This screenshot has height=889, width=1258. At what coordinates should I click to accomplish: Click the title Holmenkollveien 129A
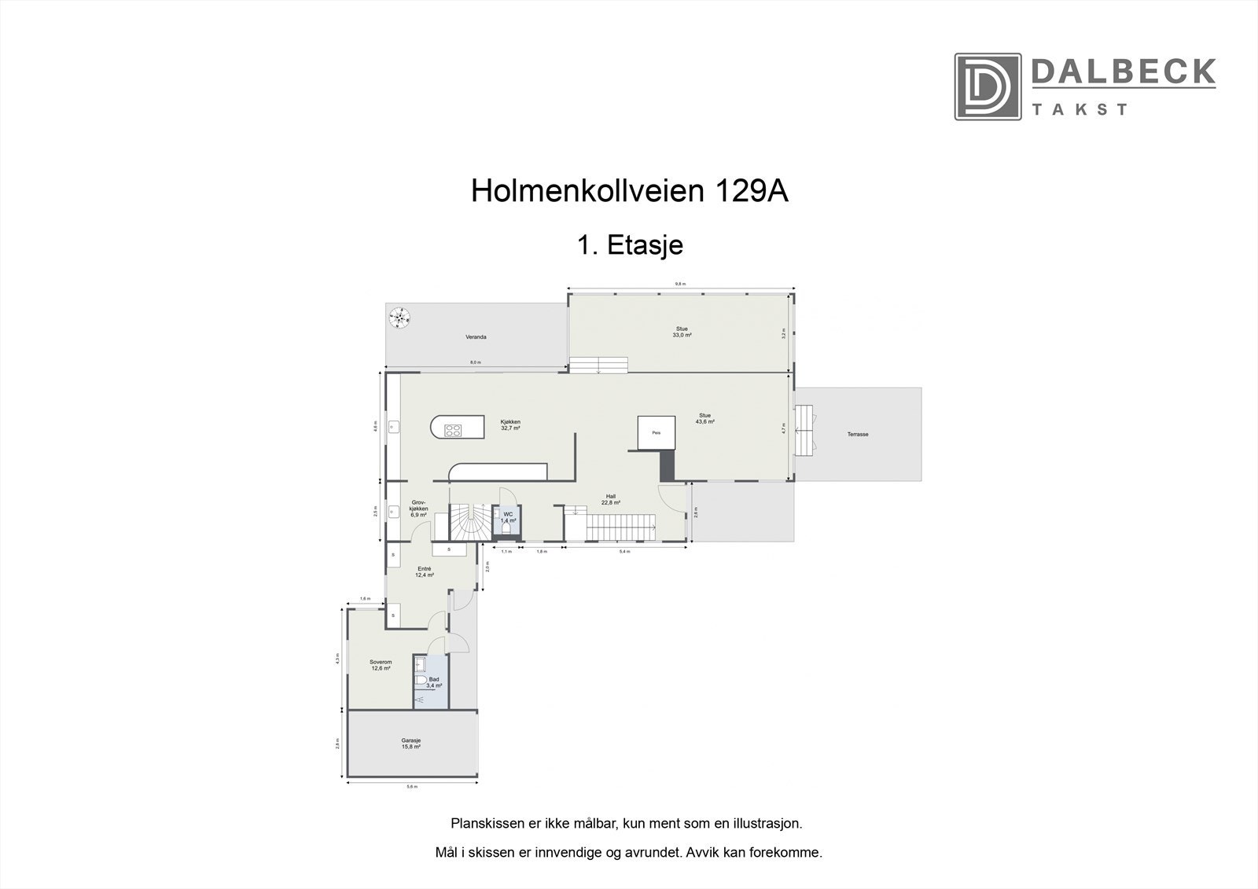[629, 192]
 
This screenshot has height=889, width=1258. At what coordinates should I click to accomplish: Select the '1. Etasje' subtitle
[630, 245]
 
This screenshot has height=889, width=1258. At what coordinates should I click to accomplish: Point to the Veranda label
[476, 337]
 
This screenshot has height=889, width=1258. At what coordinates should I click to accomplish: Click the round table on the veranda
[400, 318]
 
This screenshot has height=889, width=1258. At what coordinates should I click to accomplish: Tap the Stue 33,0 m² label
[682, 332]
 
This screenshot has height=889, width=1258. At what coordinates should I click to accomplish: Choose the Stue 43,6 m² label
[704, 418]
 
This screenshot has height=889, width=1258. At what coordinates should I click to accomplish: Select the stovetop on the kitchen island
[454, 429]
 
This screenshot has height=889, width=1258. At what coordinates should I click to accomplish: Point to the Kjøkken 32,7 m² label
[510, 425]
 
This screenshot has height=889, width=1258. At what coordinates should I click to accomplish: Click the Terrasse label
[857, 434]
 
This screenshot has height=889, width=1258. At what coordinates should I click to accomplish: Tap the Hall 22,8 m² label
[611, 499]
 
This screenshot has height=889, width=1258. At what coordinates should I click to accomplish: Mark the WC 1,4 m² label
[508, 517]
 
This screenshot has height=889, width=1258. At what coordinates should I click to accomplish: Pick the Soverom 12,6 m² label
[381, 665]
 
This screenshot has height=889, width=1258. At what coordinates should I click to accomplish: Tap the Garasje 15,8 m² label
[411, 743]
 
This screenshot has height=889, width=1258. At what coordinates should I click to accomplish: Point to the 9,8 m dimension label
[680, 284]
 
